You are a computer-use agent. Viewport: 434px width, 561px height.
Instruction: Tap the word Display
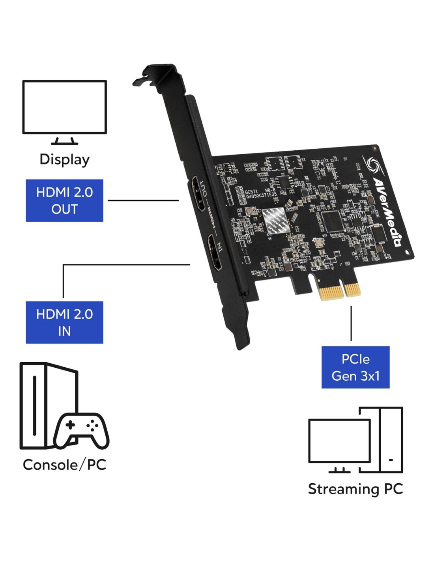[64, 159]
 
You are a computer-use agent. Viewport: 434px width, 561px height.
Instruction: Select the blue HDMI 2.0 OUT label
[64, 200]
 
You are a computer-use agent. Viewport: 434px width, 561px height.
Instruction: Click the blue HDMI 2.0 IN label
[64, 322]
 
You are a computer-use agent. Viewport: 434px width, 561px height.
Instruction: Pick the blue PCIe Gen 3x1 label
[355, 367]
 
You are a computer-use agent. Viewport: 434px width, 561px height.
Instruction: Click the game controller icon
[81, 431]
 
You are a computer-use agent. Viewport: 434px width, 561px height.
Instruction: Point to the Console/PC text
[64, 465]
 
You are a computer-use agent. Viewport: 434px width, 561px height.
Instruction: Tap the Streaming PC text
[355, 489]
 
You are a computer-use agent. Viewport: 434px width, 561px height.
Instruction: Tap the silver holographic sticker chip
[275, 220]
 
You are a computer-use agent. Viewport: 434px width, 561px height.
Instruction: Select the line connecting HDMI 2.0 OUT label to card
[143, 200]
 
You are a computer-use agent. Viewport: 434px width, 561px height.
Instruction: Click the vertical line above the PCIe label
[351, 324]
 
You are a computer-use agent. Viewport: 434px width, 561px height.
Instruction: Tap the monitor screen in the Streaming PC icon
[339, 441]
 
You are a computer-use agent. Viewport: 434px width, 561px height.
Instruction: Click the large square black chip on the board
[331, 221]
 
